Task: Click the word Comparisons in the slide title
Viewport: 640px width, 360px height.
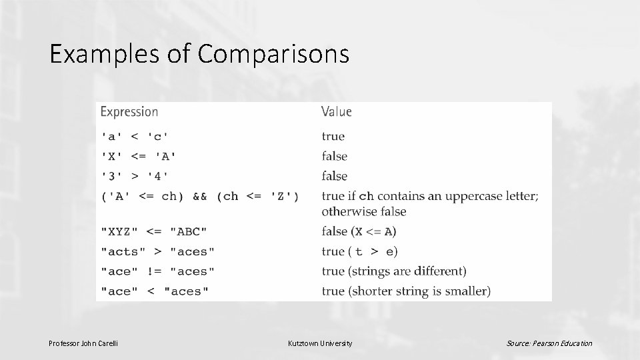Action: click(273, 54)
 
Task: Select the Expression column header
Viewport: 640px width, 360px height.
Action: click(129, 112)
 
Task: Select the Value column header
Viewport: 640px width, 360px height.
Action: click(336, 112)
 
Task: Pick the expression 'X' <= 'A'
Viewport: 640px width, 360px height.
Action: click(139, 157)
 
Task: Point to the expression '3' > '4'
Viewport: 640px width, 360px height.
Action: click(135, 177)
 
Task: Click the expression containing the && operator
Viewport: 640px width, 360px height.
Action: click(200, 197)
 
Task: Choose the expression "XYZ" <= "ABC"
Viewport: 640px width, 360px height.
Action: click(154, 231)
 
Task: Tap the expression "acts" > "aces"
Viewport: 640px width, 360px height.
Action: click(158, 251)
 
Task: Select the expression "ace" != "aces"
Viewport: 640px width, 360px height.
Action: click(158, 271)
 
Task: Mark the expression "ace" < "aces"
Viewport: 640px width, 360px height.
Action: click(155, 291)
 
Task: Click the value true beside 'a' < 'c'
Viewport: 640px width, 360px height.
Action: click(333, 137)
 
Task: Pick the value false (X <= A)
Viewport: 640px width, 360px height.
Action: click(359, 231)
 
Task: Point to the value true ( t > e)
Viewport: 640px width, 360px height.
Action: click(359, 251)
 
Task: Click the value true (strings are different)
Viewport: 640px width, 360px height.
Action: click(394, 271)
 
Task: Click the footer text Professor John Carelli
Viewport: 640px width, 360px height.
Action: click(83, 343)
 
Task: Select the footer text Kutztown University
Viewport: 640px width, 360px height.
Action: click(320, 343)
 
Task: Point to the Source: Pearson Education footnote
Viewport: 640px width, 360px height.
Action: click(549, 343)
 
